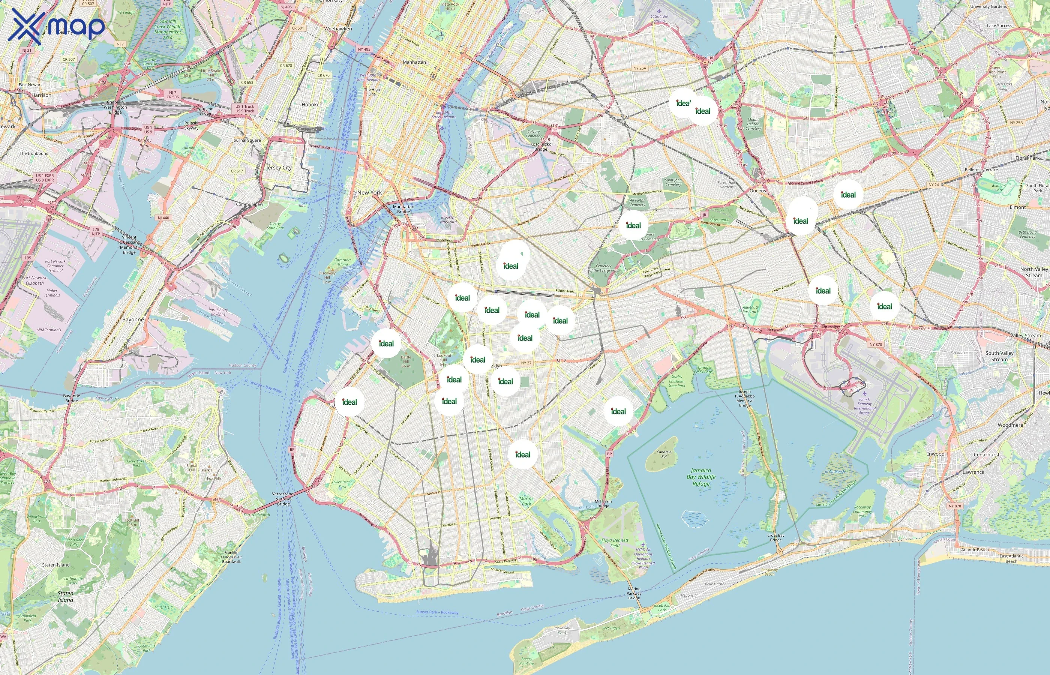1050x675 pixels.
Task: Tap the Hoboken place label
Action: [x=312, y=105]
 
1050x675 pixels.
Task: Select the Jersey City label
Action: [x=279, y=167]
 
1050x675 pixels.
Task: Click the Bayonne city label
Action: [x=133, y=319]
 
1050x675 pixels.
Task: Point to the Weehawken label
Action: [x=338, y=28]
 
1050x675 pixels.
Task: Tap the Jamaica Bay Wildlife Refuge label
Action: [x=701, y=477]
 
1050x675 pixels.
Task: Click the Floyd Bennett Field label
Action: [x=615, y=543]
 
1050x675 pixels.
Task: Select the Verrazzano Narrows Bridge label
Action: [x=283, y=499]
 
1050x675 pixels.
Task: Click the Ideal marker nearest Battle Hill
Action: [x=386, y=343]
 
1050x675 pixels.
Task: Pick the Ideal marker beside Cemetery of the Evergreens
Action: [x=633, y=225]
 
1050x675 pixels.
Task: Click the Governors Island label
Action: [x=343, y=262]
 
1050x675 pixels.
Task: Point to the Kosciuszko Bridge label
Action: [x=541, y=146]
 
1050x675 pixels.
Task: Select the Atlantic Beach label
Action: [x=975, y=550]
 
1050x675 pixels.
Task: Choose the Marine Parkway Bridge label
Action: [x=634, y=593]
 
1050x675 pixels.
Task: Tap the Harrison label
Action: [x=41, y=95]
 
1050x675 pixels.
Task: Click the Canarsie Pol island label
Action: [x=664, y=454]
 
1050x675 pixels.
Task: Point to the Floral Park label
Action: [x=1027, y=158]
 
